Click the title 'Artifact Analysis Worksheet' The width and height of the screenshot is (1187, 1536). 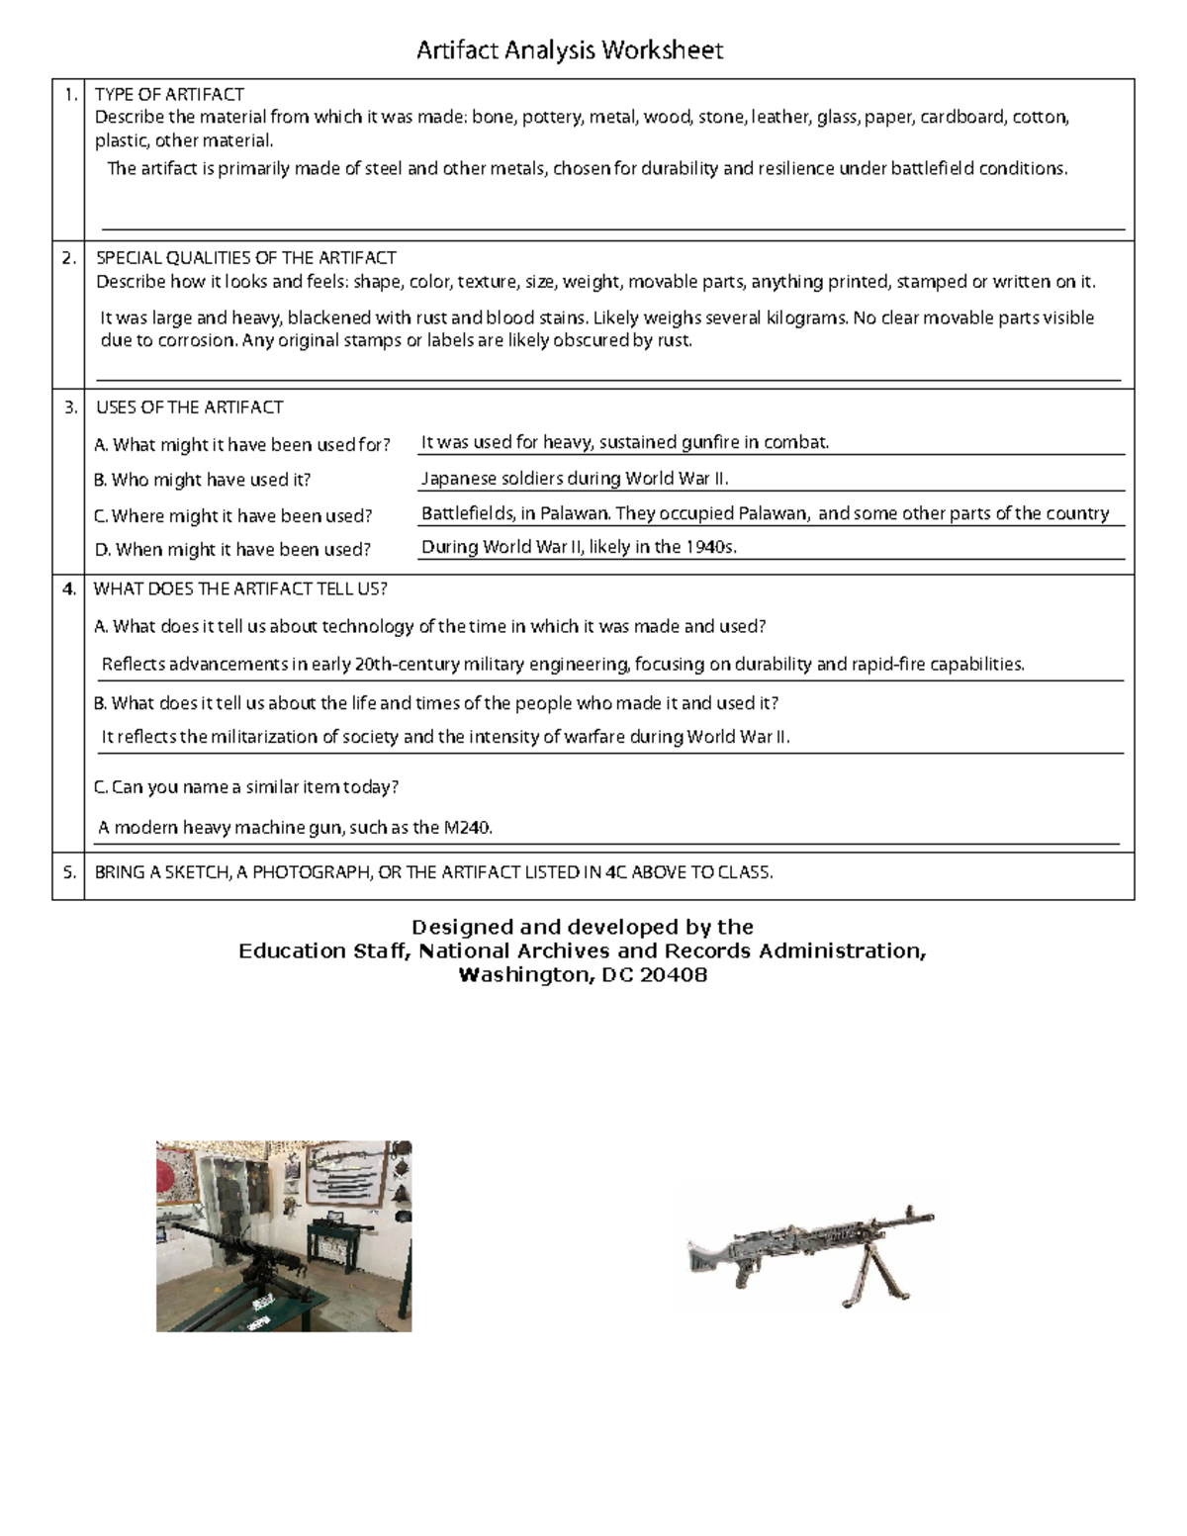point(570,50)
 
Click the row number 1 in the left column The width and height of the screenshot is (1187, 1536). point(68,95)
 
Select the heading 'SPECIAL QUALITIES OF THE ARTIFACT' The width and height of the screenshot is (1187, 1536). point(245,258)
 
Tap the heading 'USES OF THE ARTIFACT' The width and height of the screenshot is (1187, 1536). point(189,407)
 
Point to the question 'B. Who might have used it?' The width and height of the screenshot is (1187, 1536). point(203,480)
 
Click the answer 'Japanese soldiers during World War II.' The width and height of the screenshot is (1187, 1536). point(575,479)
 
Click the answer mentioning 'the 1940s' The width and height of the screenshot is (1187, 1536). point(579,547)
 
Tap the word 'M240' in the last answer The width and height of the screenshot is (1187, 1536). point(467,828)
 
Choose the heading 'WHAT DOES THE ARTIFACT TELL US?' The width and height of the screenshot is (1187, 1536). point(240,589)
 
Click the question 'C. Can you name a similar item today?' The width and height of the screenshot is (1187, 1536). point(245,787)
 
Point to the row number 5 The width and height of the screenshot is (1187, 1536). point(68,872)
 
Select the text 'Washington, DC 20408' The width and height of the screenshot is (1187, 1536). point(583,975)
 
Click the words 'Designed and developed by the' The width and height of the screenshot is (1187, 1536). point(583,927)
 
